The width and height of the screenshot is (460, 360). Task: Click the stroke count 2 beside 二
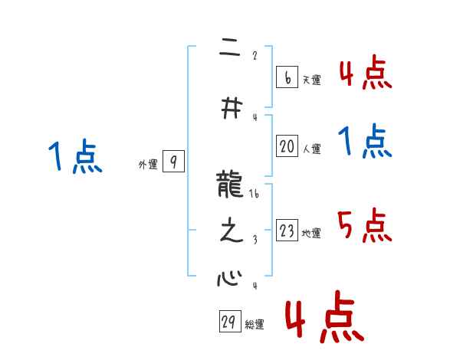[255, 56]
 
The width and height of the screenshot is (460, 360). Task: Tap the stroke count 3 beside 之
[255, 239]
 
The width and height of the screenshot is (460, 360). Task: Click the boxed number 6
[286, 77]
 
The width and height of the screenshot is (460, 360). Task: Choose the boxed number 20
[287, 147]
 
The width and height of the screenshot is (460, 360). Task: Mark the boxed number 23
[287, 231]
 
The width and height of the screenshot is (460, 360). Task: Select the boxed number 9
[173, 162]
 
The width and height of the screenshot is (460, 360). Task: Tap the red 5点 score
[365, 225]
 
